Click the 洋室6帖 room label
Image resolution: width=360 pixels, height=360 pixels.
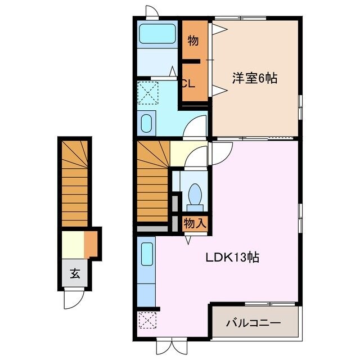click(255, 79)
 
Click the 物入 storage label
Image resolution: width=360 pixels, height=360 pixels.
click(195, 223)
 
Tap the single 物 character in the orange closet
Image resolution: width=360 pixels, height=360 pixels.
click(192, 40)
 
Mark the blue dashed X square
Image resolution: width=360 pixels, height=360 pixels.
click(148, 92)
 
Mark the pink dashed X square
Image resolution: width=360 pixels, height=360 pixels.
click(147, 322)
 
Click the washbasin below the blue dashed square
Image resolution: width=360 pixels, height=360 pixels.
click(148, 123)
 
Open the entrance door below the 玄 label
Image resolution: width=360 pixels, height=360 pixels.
click(74, 298)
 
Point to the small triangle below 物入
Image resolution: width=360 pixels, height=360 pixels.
click(188, 239)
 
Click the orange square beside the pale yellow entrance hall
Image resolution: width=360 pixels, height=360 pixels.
click(91, 243)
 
